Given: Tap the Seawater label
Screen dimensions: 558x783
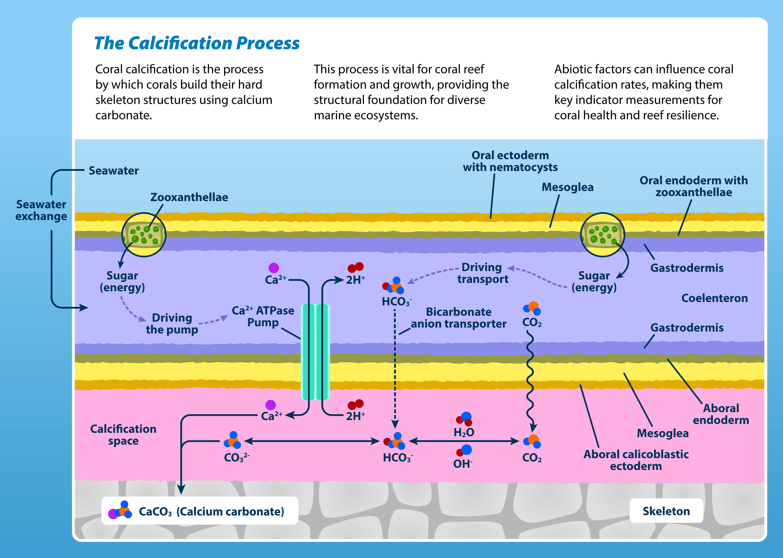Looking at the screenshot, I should tap(113, 171).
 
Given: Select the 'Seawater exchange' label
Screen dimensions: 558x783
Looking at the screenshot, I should tap(41, 210).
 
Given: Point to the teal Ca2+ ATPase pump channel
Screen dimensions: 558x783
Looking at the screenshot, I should tap(315, 352).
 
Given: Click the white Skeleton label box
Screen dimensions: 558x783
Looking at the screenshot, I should tap(666, 511).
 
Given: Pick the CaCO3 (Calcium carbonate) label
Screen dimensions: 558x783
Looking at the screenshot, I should tap(211, 511).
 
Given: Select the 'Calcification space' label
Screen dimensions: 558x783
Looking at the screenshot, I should tap(123, 435).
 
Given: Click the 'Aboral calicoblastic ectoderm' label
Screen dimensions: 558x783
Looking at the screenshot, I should tap(636, 460).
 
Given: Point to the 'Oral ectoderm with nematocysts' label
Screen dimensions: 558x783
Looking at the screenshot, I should tap(510, 161).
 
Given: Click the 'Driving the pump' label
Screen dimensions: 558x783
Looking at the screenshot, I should tap(172, 324).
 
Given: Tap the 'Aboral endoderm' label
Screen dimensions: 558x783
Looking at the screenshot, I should tap(721, 414).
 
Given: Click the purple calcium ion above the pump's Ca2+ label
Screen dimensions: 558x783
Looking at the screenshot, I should tap(274, 268).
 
